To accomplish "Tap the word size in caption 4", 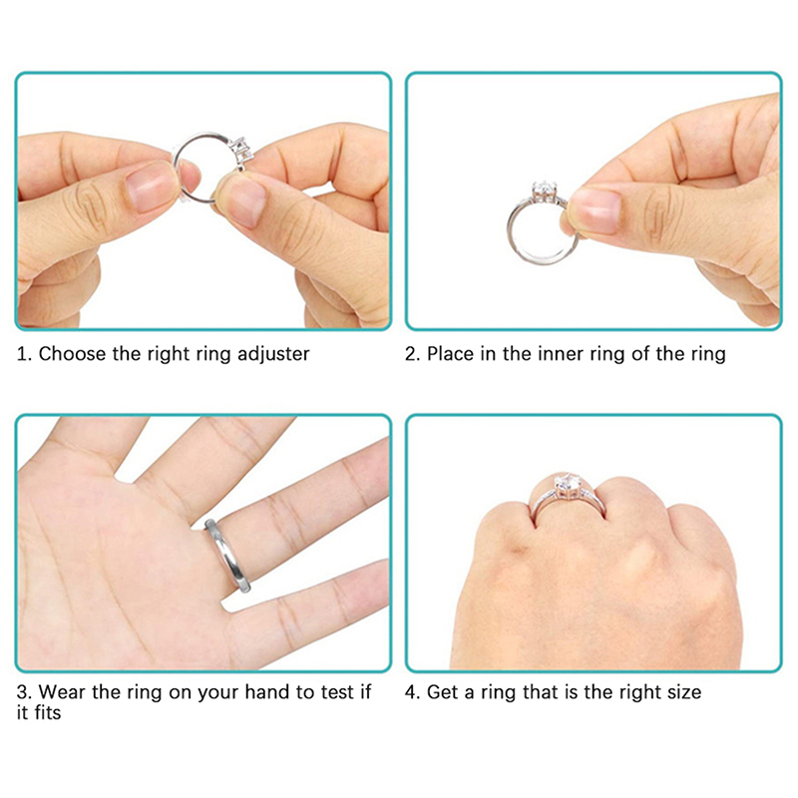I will (x=681, y=692).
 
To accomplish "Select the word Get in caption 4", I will (x=443, y=692).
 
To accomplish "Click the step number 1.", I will (x=22, y=354).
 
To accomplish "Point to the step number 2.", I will (x=411, y=354).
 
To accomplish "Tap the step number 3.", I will (x=22, y=692).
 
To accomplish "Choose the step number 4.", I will (x=411, y=692).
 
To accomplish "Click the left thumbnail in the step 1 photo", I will (x=151, y=189).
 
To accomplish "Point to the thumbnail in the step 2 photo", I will (x=597, y=210).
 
